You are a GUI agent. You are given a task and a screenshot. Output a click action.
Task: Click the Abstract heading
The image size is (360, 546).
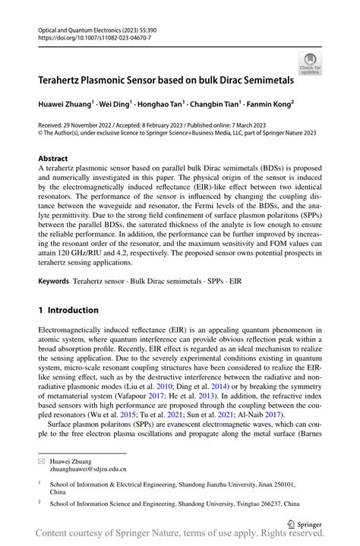coord(53,159)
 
